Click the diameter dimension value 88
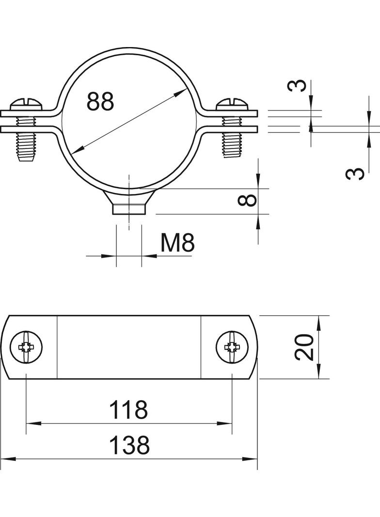click(100, 101)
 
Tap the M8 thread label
click(178, 243)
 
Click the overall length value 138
click(129, 445)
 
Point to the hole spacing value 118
click(128, 409)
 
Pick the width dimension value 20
click(304, 347)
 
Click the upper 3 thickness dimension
click(297, 86)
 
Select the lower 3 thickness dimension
click(355, 174)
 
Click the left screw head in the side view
click(27, 105)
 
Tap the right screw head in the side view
click(232, 105)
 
